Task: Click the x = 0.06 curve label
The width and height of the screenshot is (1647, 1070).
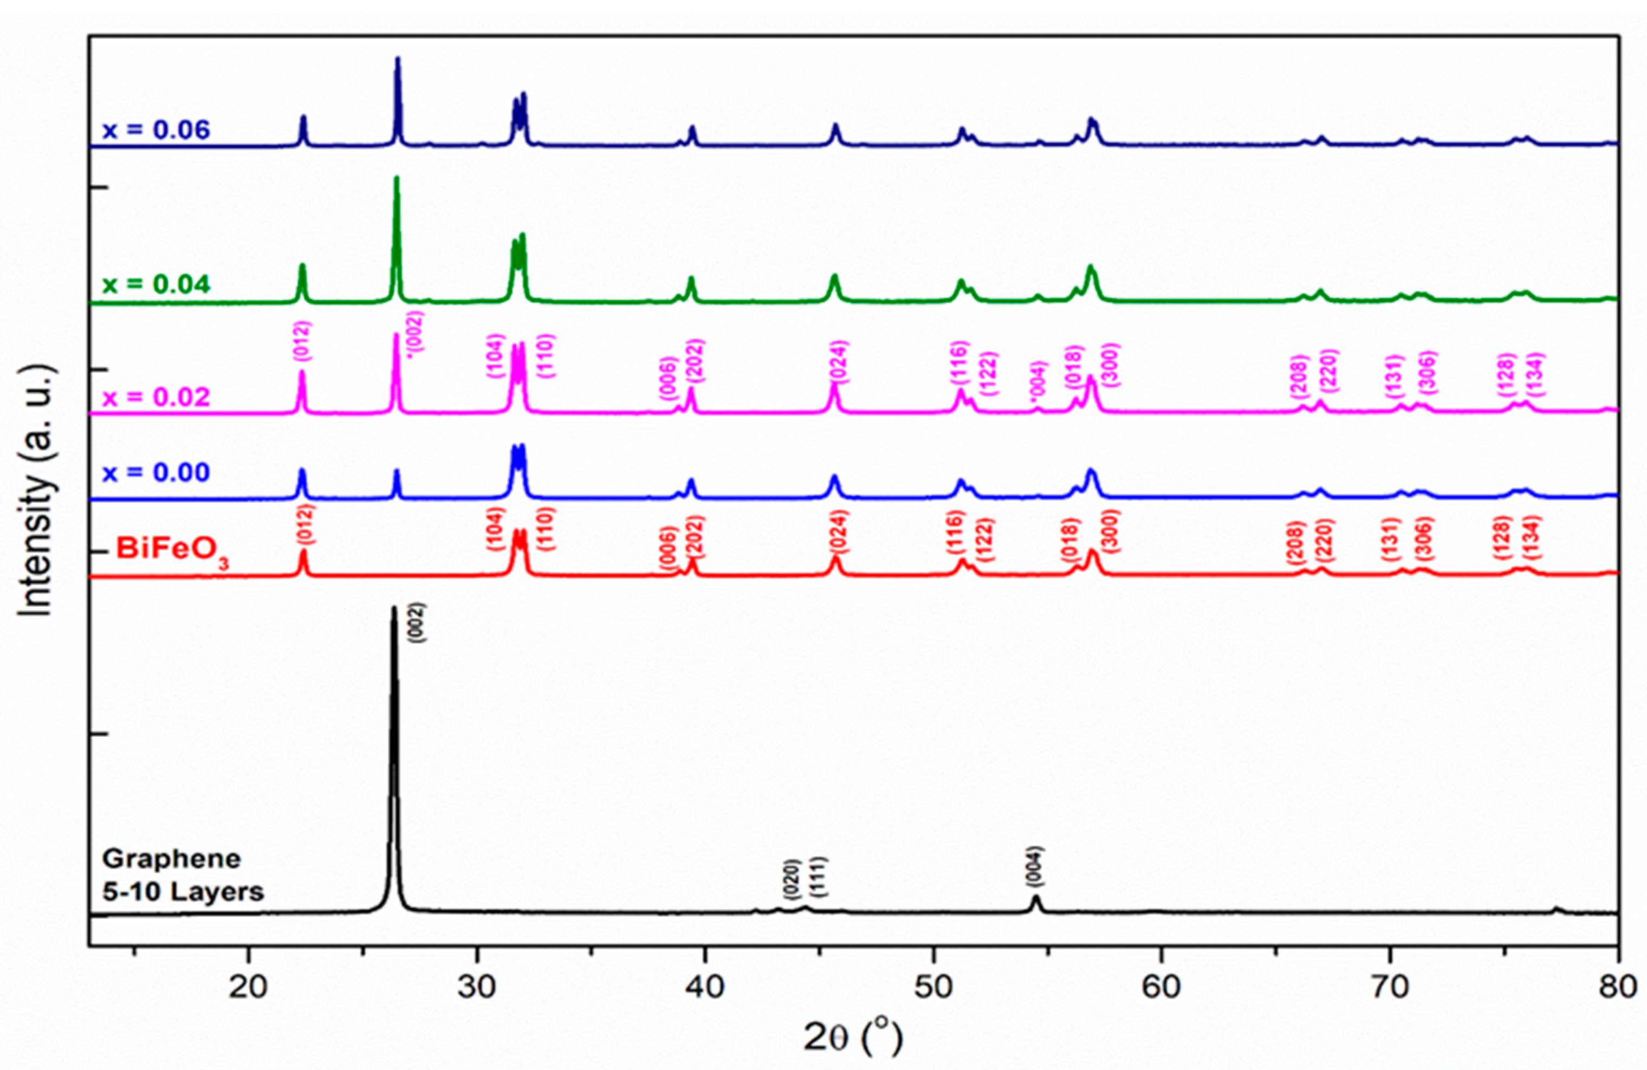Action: tap(157, 130)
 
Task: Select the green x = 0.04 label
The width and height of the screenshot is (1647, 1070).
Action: tap(157, 284)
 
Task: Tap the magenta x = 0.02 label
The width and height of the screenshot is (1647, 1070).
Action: tap(157, 397)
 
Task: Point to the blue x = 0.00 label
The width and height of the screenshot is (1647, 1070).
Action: tap(157, 473)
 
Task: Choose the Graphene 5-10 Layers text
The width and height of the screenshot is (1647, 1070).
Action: tap(183, 876)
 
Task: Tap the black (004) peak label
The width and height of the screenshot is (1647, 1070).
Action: tap(1036, 866)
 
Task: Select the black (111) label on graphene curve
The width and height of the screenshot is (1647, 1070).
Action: tap(821, 876)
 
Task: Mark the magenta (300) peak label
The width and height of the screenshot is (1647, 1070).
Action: tap(1110, 365)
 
